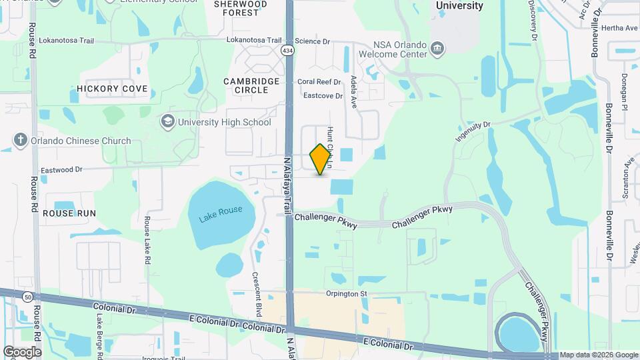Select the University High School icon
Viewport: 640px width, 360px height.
pyautogui.click(x=167, y=122)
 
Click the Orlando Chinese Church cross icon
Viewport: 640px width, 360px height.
pyautogui.click(x=21, y=141)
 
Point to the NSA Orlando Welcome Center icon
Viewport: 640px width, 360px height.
pyautogui.click(x=438, y=47)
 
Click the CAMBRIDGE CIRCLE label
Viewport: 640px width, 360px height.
pyautogui.click(x=251, y=87)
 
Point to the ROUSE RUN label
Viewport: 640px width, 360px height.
pyautogui.click(x=69, y=213)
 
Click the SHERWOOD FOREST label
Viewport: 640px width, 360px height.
pyautogui.click(x=241, y=8)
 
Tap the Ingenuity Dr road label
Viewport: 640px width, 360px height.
pyautogui.click(x=473, y=128)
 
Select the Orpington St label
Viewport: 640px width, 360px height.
pyautogui.click(x=347, y=293)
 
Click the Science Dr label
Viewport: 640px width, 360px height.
pyautogui.click(x=313, y=41)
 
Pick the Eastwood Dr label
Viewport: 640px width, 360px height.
pyautogui.click(x=61, y=170)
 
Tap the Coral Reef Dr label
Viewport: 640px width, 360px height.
pyautogui.click(x=319, y=82)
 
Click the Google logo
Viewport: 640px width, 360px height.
pyautogui.click(x=22, y=351)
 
